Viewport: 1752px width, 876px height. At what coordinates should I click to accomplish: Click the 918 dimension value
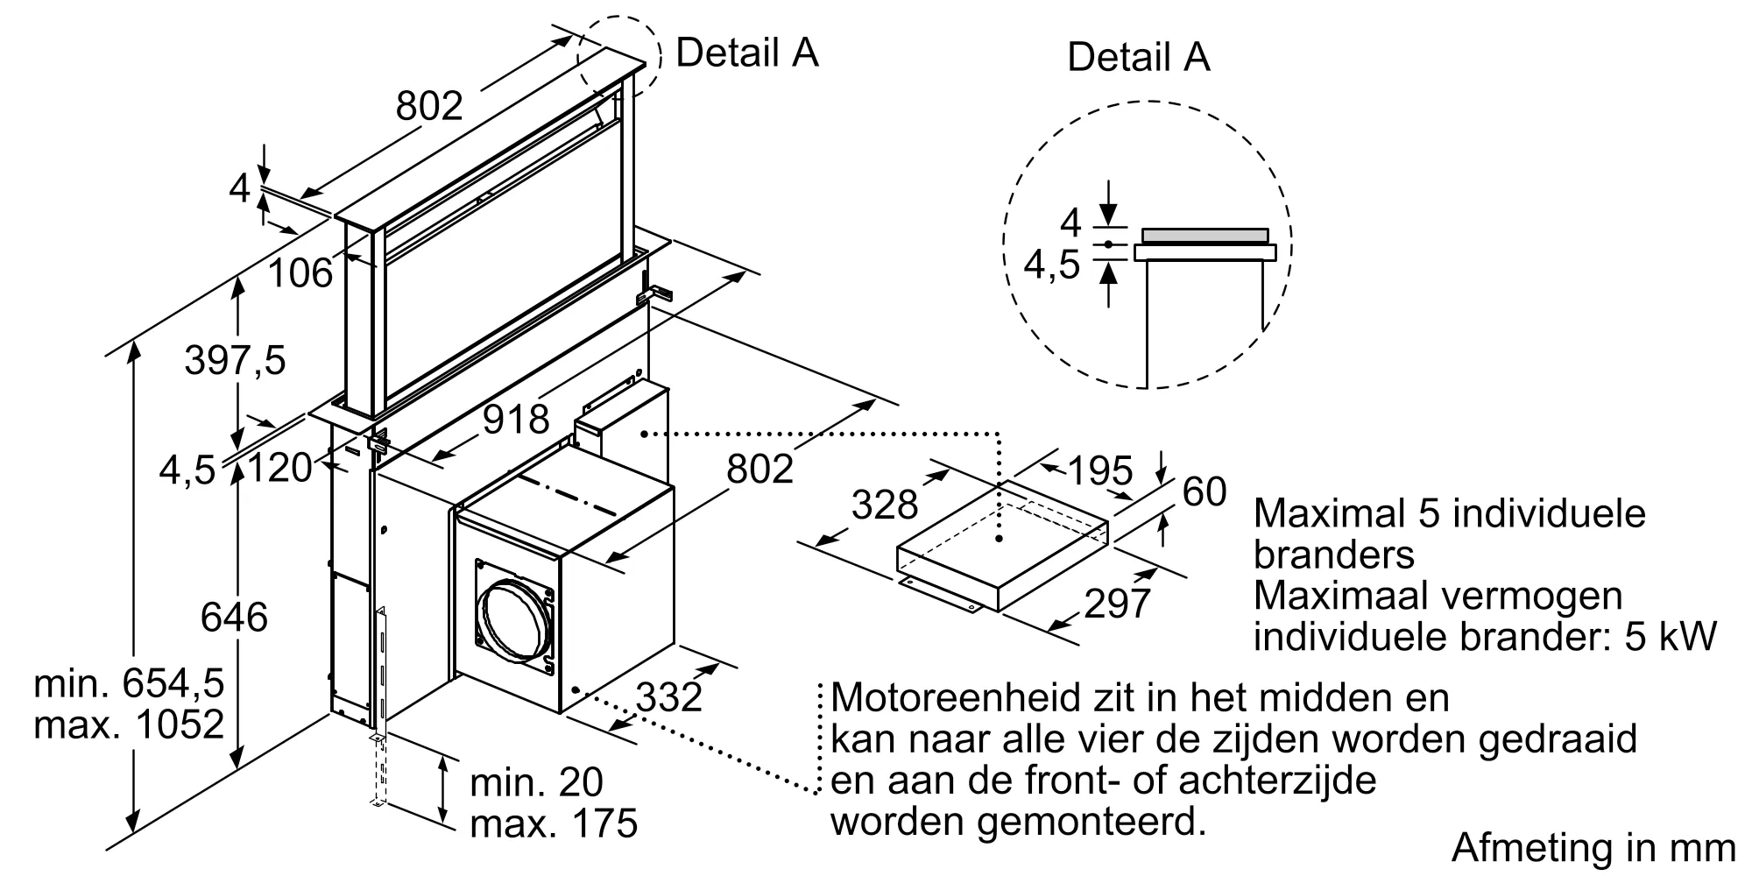(x=517, y=420)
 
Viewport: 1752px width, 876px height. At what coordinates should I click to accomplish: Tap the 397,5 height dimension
(x=235, y=360)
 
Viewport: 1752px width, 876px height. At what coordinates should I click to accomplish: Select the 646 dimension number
(x=234, y=618)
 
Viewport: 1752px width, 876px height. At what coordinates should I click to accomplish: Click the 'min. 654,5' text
(x=129, y=683)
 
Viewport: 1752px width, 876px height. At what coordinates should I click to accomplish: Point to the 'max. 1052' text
(x=129, y=724)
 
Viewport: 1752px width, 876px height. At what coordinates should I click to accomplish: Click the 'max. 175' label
(x=554, y=823)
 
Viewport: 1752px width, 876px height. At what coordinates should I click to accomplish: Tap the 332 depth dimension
(x=669, y=697)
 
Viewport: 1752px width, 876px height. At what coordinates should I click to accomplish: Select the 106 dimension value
(x=300, y=273)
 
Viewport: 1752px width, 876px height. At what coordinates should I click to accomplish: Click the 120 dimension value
(x=280, y=468)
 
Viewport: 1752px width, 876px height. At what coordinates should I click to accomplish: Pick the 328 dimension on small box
(x=885, y=505)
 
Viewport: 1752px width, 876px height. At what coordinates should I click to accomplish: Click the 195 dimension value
(x=1100, y=471)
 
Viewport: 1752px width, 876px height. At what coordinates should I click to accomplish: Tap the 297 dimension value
(x=1117, y=604)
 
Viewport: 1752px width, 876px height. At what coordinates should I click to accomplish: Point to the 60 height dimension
(x=1204, y=492)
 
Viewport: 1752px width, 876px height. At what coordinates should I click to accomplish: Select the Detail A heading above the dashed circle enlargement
(x=1138, y=58)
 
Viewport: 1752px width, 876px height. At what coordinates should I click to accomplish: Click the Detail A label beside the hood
(x=746, y=53)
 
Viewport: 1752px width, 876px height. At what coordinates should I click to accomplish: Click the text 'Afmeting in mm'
(x=1593, y=847)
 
